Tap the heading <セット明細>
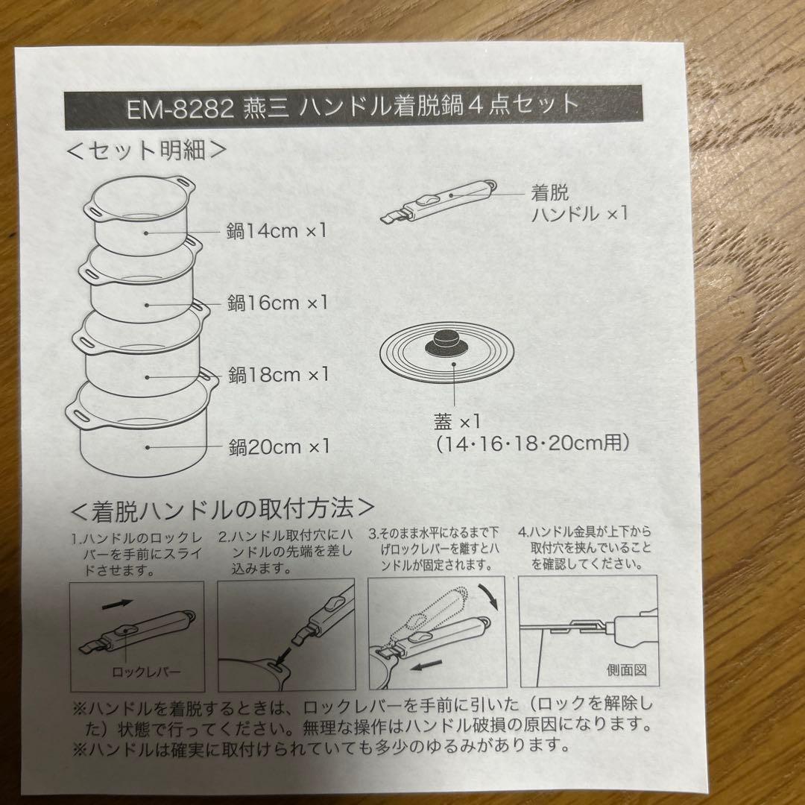tap(146, 149)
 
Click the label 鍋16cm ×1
tap(277, 303)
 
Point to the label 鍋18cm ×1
tap(278, 374)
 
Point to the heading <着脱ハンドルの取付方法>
tap(221, 510)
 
